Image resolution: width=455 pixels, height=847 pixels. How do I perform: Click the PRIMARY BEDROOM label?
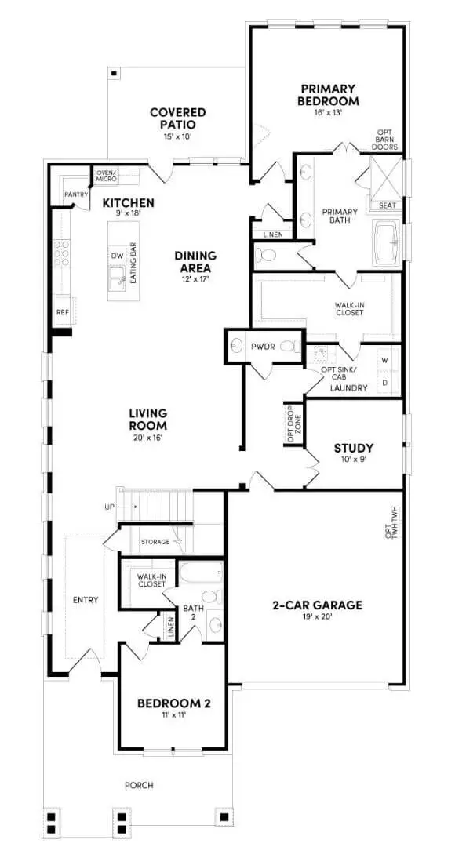(328, 95)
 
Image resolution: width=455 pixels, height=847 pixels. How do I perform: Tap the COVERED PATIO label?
(178, 118)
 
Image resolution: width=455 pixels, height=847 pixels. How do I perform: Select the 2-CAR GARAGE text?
(318, 605)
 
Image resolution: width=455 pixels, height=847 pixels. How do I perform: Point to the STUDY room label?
(354, 449)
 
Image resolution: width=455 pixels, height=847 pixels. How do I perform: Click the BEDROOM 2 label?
(173, 703)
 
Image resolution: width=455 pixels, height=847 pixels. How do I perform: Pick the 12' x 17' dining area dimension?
(195, 279)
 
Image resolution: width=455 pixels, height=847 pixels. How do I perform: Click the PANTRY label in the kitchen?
(76, 194)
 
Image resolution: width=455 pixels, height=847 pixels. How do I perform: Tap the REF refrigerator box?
(62, 311)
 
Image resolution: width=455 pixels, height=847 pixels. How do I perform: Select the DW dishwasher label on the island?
(117, 256)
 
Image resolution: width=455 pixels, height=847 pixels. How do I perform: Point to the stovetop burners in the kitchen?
(61, 254)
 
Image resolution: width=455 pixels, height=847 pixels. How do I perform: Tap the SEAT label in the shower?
(388, 205)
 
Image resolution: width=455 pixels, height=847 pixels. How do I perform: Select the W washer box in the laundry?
(384, 361)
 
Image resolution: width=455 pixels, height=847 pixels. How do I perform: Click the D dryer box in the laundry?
(384, 382)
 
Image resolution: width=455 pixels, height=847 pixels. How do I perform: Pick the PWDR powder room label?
(260, 345)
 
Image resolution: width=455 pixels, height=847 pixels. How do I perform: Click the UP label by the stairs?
(109, 507)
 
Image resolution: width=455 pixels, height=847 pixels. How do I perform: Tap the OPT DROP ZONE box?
(293, 424)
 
